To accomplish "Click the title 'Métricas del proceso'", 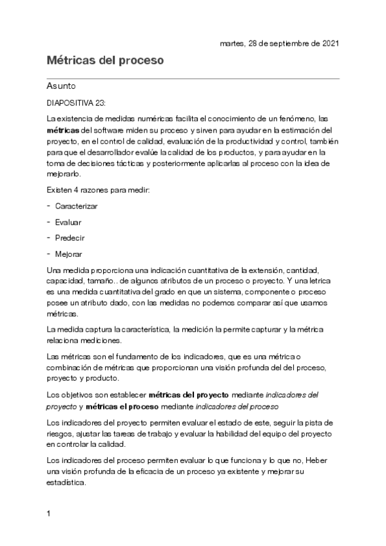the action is coord(105,61).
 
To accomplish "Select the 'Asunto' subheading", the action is coord(62,85).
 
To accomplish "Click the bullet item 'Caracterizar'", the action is coord(77,207).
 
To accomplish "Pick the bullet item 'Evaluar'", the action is coord(68,222).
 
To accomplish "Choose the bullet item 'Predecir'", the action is coord(70,238).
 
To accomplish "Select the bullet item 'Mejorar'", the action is coord(69,254).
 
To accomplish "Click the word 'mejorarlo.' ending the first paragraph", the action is coord(64,174).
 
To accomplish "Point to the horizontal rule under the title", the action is coord(193,78).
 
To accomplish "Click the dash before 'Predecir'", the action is coord(49,238).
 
